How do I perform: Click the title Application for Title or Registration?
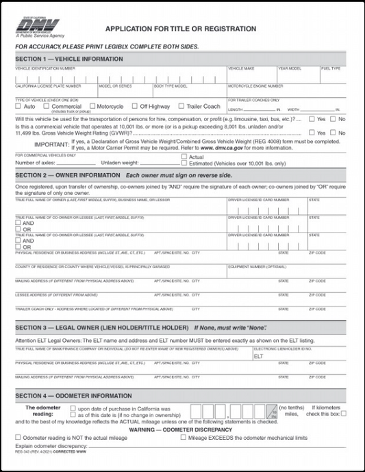point(180,29)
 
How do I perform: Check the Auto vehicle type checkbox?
point(18,107)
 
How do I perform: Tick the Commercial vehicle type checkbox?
point(47,107)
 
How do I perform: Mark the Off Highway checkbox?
point(135,107)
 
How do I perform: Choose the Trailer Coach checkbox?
point(181,107)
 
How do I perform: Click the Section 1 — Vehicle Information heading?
point(69,59)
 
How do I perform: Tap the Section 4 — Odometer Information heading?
point(73,396)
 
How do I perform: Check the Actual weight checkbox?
point(184,157)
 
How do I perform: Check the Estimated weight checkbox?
point(184,163)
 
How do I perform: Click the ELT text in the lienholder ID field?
point(258,356)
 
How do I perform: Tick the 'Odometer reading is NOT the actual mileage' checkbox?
point(18,437)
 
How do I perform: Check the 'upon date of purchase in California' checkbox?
point(73,408)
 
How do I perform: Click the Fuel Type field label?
point(331,69)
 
